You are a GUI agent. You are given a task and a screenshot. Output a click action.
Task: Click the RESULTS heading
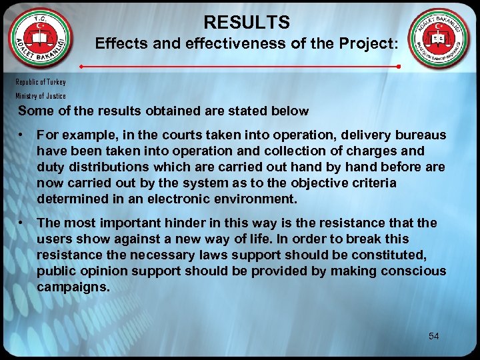pyautogui.click(x=247, y=23)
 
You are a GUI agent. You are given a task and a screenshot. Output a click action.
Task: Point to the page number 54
pyautogui.click(x=434, y=336)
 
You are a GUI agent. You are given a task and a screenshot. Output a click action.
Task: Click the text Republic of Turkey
pyautogui.click(x=41, y=82)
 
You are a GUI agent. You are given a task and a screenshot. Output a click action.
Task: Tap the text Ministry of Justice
pyautogui.click(x=41, y=96)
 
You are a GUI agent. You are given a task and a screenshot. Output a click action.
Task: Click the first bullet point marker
pyautogui.click(x=23, y=135)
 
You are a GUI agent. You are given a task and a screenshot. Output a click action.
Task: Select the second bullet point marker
pyautogui.click(x=23, y=223)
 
